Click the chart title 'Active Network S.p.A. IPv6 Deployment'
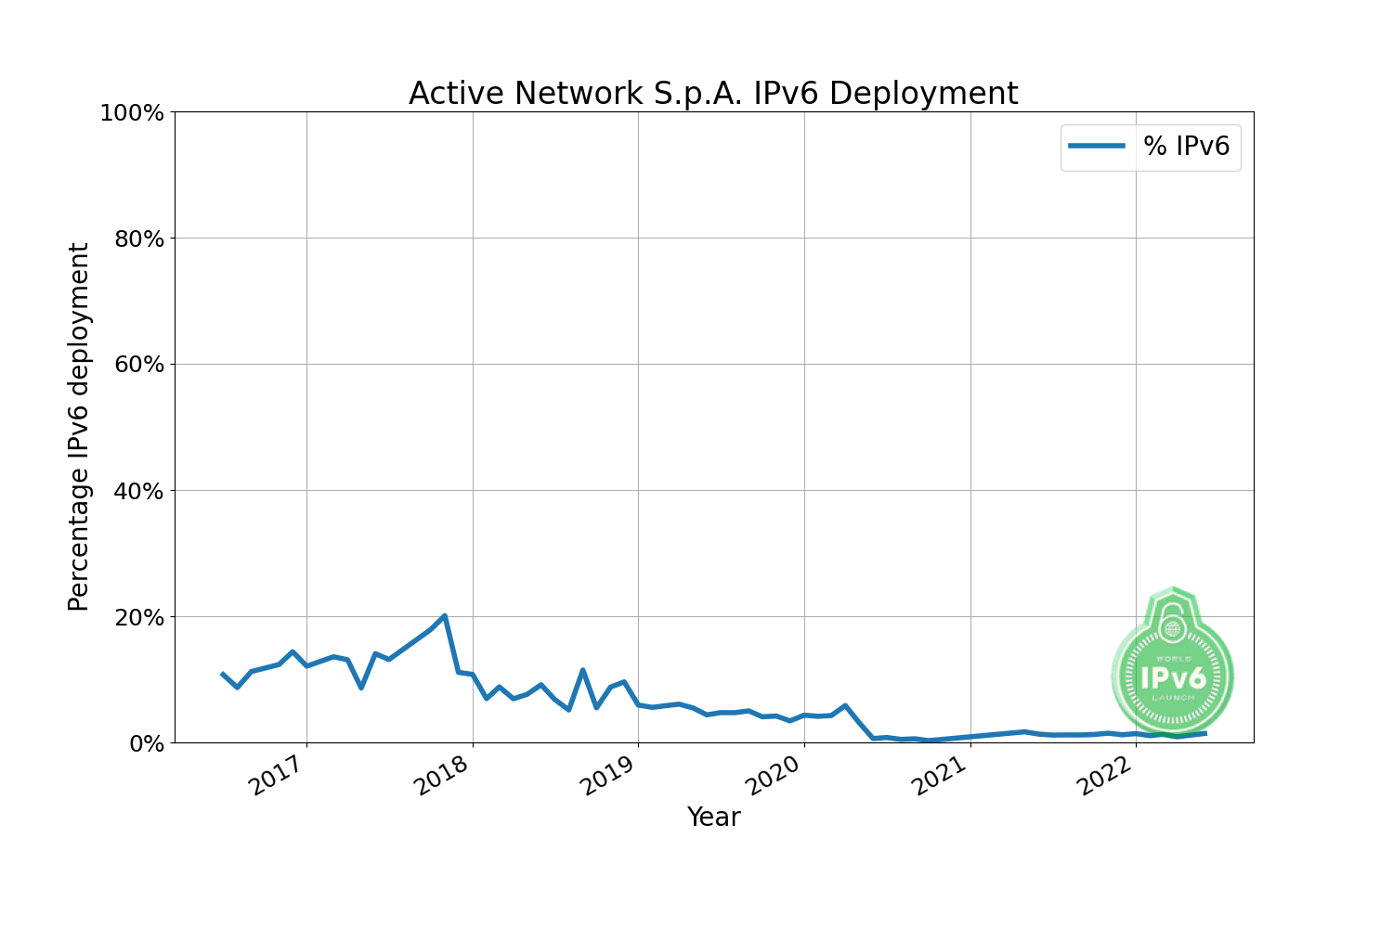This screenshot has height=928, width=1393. (713, 94)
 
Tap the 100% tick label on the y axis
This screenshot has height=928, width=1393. (131, 113)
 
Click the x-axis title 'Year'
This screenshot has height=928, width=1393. (713, 818)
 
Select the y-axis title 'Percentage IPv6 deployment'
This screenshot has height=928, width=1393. (80, 427)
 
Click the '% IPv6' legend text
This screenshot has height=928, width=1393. (1186, 146)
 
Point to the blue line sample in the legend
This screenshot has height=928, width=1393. (1097, 146)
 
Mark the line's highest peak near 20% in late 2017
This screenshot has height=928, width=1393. (445, 615)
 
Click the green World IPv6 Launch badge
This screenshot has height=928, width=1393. (1172, 668)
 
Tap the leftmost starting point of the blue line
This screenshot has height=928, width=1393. (222, 674)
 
